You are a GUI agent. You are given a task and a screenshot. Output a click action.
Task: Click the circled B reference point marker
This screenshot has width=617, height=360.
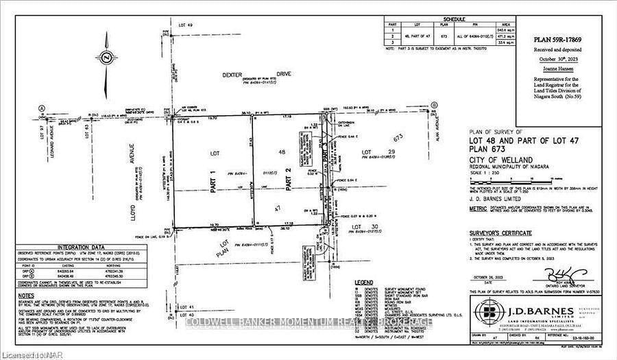click(x=433, y=105)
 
